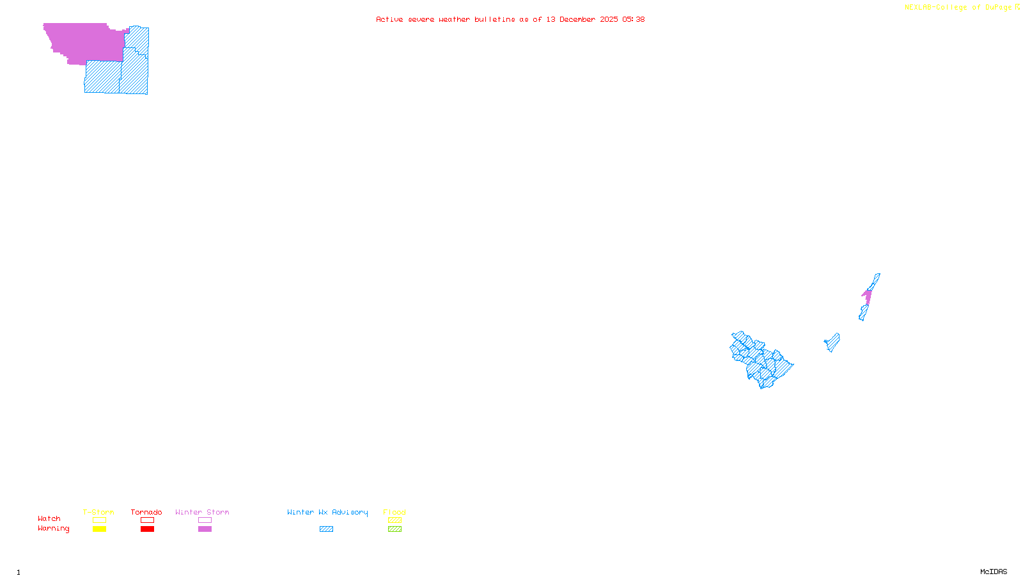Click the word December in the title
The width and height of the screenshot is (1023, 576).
pos(578,19)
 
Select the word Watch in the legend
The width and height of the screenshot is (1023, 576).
pos(49,518)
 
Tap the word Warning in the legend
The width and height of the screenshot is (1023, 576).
pos(53,529)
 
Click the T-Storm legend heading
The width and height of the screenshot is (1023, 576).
pos(98,512)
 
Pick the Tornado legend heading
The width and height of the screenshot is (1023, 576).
pos(146,512)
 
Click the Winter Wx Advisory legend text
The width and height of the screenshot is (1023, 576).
pos(327,512)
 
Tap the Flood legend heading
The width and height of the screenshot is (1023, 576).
pos(394,512)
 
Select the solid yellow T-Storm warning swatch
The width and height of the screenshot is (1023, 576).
pos(99,529)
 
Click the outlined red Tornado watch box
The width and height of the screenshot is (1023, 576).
pos(147,520)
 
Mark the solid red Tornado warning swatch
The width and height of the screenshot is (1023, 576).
pos(147,529)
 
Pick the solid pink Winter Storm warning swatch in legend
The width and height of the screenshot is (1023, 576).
pos(205,529)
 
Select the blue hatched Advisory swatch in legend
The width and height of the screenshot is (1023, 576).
pos(326,529)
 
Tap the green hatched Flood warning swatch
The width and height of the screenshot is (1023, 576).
pos(394,529)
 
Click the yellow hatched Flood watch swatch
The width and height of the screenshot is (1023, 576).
pos(394,520)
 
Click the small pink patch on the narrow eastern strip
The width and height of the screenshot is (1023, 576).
pos(868,296)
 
